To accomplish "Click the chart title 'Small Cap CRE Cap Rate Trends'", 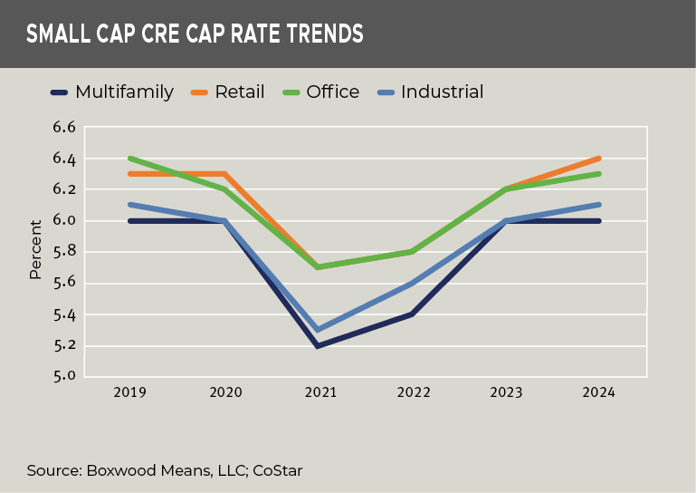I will (195, 34).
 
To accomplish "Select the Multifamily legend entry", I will (124, 92).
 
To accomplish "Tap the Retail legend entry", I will (239, 92).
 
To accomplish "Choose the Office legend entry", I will (332, 92).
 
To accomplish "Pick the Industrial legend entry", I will (442, 92).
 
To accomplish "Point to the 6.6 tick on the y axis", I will (63, 128).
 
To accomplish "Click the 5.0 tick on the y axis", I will (63, 376).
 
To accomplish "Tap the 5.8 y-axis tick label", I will (63, 252).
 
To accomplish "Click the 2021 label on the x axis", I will (320, 392).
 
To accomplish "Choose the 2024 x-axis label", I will (599, 392).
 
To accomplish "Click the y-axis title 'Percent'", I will (35, 249).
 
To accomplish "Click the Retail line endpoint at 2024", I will (599, 159).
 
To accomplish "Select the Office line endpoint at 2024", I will (599, 174).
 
